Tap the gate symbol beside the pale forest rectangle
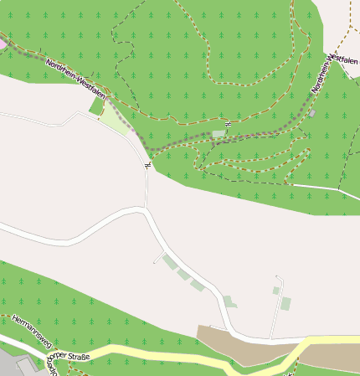click(x=228, y=126)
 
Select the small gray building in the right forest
click(x=312, y=112)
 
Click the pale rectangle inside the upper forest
click(x=219, y=133)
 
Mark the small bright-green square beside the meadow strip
click(x=96, y=106)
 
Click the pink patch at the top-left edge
click(x=3, y=42)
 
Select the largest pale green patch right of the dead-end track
click(x=285, y=303)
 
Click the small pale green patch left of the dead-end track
click(x=275, y=291)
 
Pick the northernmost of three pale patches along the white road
click(x=170, y=263)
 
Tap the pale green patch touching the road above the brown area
click(x=229, y=301)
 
